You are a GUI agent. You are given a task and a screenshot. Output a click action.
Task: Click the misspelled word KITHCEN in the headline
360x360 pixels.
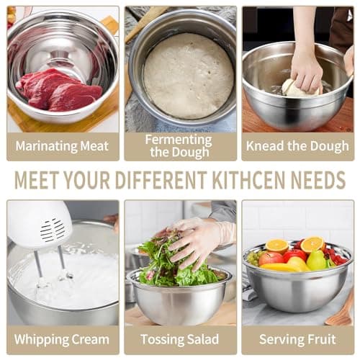click(x=250, y=180)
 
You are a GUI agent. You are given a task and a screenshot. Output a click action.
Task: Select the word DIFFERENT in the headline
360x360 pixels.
click(x=161, y=180)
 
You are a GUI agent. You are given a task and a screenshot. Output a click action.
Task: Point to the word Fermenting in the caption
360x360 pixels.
click(x=179, y=140)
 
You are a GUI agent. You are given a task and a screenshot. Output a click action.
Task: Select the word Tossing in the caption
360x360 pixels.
click(x=161, y=340)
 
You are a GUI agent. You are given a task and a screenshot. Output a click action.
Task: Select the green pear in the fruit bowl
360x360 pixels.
click(x=316, y=260)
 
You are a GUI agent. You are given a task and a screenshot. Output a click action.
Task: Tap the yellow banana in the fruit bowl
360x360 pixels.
click(x=283, y=267)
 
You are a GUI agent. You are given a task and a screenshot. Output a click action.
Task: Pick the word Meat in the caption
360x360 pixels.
click(x=94, y=145)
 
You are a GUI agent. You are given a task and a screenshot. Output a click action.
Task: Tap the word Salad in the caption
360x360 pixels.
click(x=202, y=340)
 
